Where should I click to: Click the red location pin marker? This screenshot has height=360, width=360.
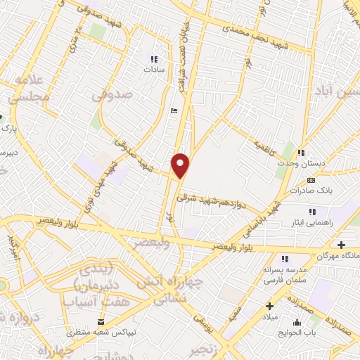[181, 166]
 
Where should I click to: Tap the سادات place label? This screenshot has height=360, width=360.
[153, 70]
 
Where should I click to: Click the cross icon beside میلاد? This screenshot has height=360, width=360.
[269, 306]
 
